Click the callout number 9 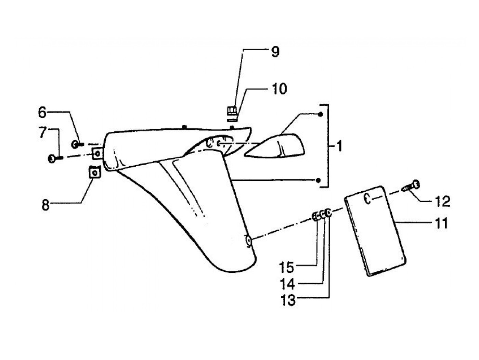coord(275,52)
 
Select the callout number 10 coord(279,89)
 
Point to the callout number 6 coord(42,112)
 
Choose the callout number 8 coord(46,206)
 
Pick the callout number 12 coord(443,202)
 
